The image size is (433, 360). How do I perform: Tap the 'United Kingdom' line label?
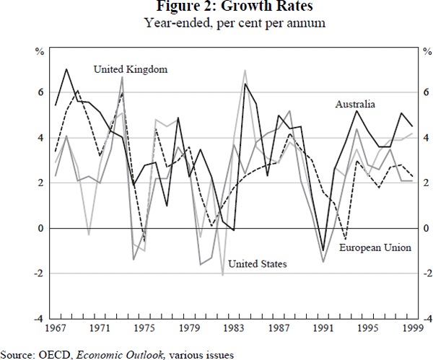(x=131, y=69)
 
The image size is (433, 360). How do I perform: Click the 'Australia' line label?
(x=355, y=105)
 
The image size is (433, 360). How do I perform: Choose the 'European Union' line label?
(x=375, y=247)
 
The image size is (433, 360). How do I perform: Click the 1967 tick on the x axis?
(x=55, y=328)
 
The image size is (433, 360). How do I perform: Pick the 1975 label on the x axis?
(x=144, y=328)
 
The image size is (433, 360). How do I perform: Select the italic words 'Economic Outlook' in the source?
(x=109, y=354)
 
